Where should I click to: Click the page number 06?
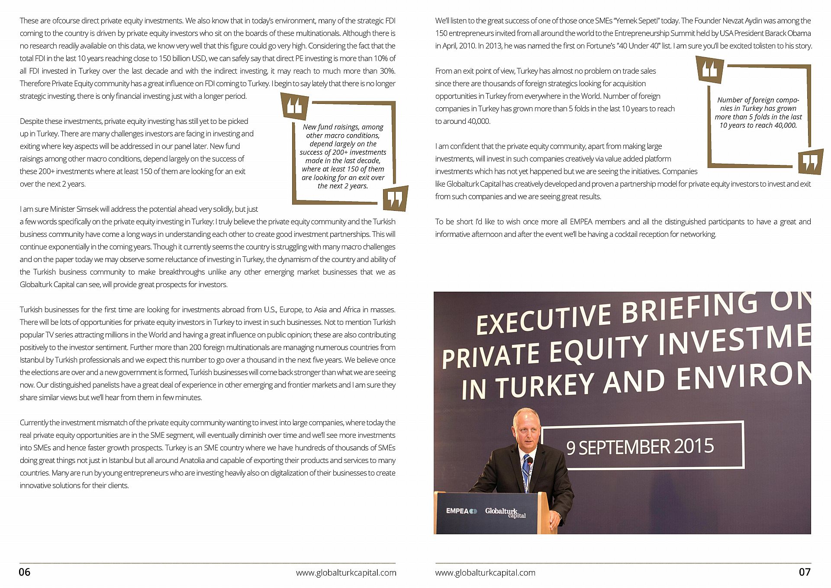click(25, 572)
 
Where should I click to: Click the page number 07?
click(804, 572)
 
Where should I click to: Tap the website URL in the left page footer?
click(346, 572)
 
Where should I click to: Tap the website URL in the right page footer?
click(485, 572)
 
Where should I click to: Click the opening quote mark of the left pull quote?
click(295, 106)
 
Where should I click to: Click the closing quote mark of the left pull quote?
click(395, 199)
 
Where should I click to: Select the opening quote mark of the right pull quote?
click(710, 69)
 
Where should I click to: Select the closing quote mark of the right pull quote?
click(810, 162)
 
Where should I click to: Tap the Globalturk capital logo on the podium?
click(505, 512)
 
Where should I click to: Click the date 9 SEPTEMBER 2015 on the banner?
click(640, 447)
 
